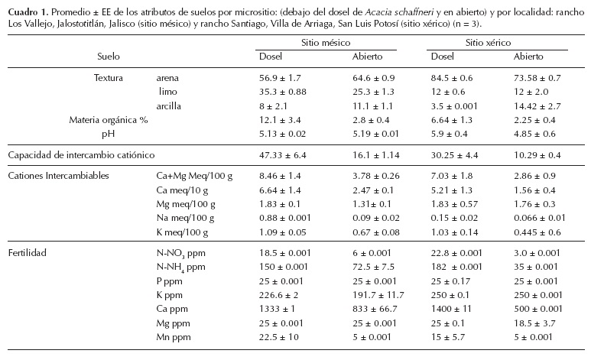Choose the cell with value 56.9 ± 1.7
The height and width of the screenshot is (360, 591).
click(x=281, y=77)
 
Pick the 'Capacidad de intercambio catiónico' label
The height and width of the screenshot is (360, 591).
click(x=81, y=154)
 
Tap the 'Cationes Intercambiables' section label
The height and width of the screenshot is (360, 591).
click(x=58, y=176)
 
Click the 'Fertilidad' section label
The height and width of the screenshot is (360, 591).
click(x=28, y=251)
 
